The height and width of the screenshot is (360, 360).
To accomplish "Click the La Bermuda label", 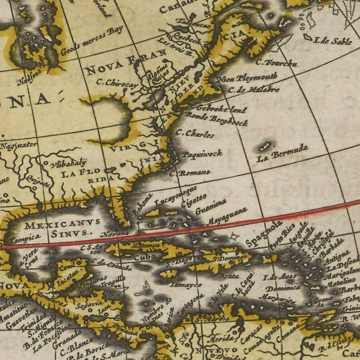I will [x=282, y=154].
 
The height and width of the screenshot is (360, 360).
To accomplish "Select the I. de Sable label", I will [x=332, y=41].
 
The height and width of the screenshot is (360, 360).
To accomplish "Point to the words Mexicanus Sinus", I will [x=61, y=229].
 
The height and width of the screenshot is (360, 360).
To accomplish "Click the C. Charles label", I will [x=195, y=134].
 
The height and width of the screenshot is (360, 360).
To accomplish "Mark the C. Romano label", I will [x=190, y=173].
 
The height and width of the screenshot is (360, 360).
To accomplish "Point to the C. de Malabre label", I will [x=254, y=89].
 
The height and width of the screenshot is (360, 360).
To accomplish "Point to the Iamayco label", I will [x=185, y=285].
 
